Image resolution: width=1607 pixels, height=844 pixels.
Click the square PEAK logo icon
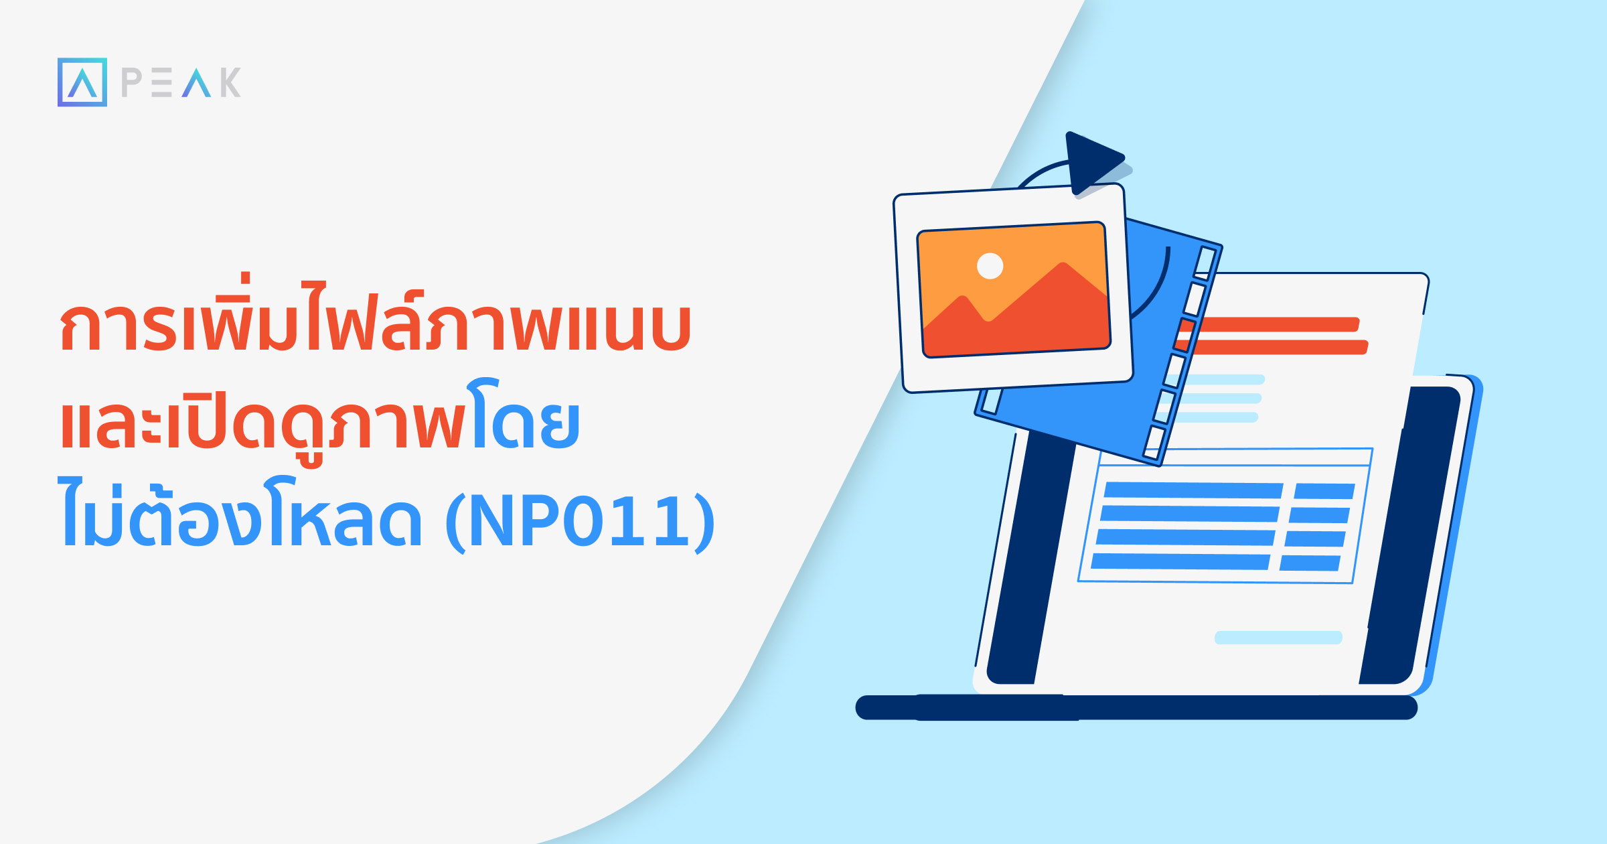click(x=82, y=82)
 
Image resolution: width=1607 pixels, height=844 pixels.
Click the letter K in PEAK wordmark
click(x=230, y=82)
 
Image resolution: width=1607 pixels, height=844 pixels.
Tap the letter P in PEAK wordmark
click(x=132, y=82)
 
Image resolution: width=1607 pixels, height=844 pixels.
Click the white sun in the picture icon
click(x=990, y=266)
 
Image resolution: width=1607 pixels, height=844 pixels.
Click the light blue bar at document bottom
click(x=1278, y=637)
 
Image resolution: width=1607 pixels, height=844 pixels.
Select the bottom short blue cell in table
click(x=1310, y=563)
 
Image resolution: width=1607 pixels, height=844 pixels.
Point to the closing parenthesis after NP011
click(x=704, y=522)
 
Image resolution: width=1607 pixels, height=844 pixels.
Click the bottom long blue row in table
click(x=1180, y=561)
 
